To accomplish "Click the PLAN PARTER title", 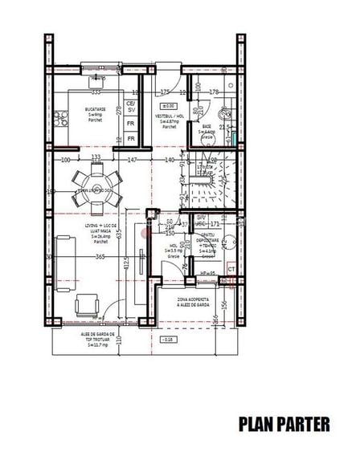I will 284,423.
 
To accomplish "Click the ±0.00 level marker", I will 168,105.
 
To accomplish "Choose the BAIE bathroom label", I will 207,129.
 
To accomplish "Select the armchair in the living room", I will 87,305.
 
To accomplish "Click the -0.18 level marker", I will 167,340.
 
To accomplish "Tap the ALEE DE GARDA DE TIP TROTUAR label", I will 99,336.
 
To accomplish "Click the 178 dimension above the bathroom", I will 214,92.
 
